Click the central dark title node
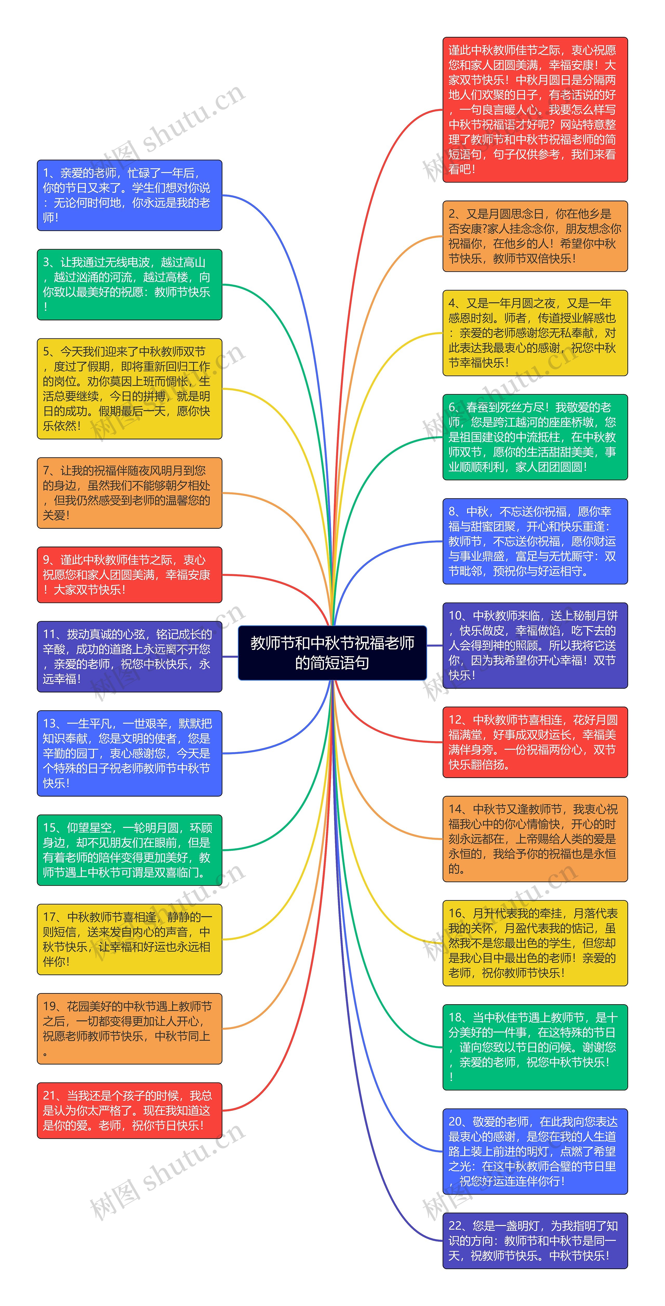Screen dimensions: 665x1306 coord(332,653)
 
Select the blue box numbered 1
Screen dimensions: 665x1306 coord(129,195)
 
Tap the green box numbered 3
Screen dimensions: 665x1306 coord(129,284)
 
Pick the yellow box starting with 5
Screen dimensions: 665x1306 coord(129,388)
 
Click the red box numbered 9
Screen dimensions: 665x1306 coord(129,574)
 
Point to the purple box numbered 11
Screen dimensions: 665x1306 coord(129,657)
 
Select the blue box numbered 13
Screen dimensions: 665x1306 coord(129,753)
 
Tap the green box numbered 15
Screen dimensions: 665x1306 coord(129,850)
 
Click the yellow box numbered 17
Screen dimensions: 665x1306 coord(129,939)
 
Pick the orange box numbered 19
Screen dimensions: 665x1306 coord(129,1028)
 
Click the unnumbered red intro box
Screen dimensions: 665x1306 coord(535,110)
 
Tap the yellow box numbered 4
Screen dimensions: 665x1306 coord(535,333)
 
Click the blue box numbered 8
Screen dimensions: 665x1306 coord(535,541)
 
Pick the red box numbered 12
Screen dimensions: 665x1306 coord(535,742)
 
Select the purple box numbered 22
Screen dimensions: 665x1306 coord(535,1240)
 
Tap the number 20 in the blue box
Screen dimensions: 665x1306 coord(455,1121)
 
